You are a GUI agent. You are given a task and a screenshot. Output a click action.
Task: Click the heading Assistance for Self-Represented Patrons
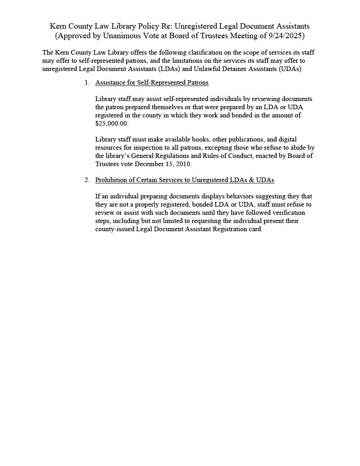click(x=152, y=83)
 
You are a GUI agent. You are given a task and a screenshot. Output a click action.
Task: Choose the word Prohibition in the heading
click(x=112, y=180)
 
